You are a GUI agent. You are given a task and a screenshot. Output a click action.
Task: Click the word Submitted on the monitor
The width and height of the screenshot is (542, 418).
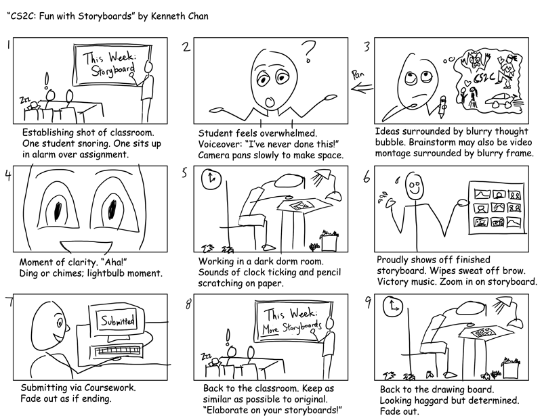117,319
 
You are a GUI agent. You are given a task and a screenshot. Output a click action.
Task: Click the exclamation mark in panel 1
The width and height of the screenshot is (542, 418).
46,81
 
